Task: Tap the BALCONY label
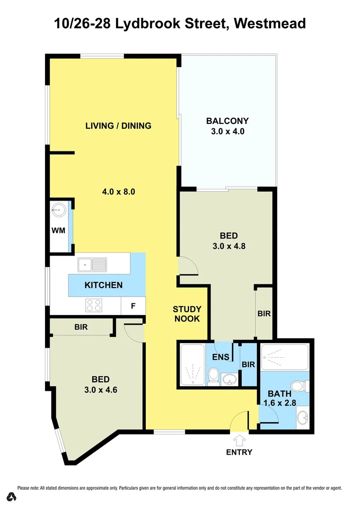click(x=228, y=121)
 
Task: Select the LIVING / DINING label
click(x=118, y=126)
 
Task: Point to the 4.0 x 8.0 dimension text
click(x=119, y=192)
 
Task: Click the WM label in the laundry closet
click(x=58, y=230)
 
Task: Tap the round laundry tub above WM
click(x=59, y=210)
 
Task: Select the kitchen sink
click(x=93, y=264)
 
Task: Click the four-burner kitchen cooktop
click(x=94, y=306)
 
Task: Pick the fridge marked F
click(x=133, y=306)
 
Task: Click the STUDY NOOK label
click(x=187, y=314)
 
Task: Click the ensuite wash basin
click(x=229, y=379)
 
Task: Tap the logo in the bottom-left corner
click(x=11, y=496)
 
